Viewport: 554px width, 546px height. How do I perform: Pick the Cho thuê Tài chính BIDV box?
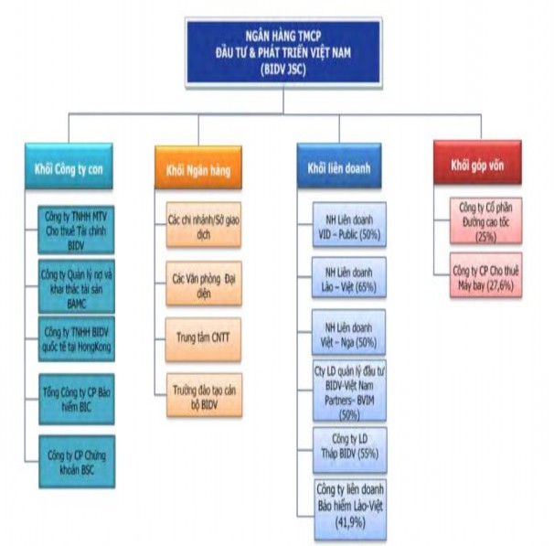click(78, 226)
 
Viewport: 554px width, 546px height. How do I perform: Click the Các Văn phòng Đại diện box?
click(204, 280)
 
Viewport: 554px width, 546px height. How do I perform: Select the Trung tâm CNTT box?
click(204, 337)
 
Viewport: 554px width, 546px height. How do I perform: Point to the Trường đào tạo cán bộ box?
click(204, 395)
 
